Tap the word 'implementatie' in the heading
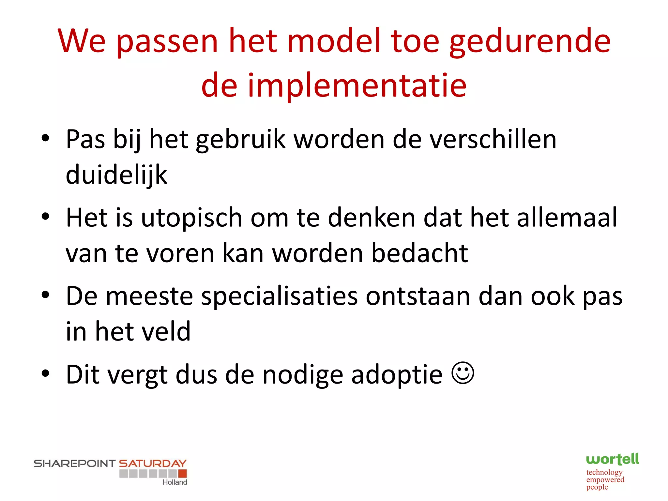pos(357,85)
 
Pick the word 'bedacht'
pos(419,253)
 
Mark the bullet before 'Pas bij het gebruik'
pos(46,138)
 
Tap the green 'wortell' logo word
pos(612,460)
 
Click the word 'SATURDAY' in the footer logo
pos(152,463)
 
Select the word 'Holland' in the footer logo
pos(175,482)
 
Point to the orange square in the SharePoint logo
pos(183,474)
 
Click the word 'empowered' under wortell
pos(605,480)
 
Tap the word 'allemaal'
pos(567,218)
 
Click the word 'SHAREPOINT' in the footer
pos(75,463)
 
